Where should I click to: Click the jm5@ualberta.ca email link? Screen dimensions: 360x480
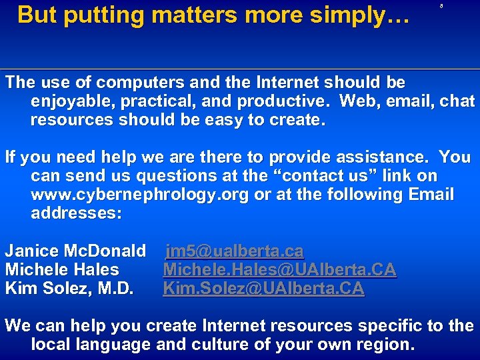(235, 251)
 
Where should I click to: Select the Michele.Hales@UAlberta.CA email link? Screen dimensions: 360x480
(279, 270)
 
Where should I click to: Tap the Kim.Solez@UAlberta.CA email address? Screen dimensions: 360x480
(263, 289)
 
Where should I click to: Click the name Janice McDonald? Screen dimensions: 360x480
(75, 251)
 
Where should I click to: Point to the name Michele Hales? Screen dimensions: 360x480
(62, 270)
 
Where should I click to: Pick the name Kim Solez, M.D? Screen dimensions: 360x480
(69, 289)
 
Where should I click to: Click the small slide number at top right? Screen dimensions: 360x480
(442, 6)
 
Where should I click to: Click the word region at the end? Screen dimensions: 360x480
(384, 345)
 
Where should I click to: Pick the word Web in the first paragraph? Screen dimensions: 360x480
(358, 102)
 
